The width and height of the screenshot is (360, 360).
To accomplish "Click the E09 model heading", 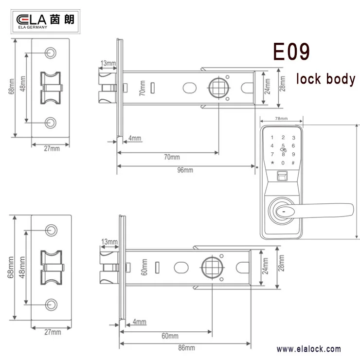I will pyautogui.click(x=290, y=52).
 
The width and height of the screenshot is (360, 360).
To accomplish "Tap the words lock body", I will pyautogui.click(x=325, y=79).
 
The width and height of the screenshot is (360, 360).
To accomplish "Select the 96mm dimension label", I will pyautogui.click(x=185, y=170).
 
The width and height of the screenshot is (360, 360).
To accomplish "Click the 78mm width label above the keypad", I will pyautogui.click(x=281, y=119).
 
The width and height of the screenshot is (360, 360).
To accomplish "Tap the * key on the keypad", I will pyautogui.click(x=272, y=162).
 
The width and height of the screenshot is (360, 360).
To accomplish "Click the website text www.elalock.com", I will pyautogui.click(x=308, y=349).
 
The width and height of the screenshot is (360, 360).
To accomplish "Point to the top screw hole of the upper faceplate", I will pyautogui.click(x=51, y=52).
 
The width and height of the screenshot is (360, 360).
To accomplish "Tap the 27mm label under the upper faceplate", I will pyautogui.click(x=52, y=148).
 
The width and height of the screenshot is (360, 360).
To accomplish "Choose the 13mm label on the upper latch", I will pyautogui.click(x=108, y=63).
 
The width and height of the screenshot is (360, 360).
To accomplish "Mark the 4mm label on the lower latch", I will pyautogui.click(x=139, y=322).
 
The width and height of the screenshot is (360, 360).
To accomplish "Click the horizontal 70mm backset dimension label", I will pyautogui.click(x=171, y=157).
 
